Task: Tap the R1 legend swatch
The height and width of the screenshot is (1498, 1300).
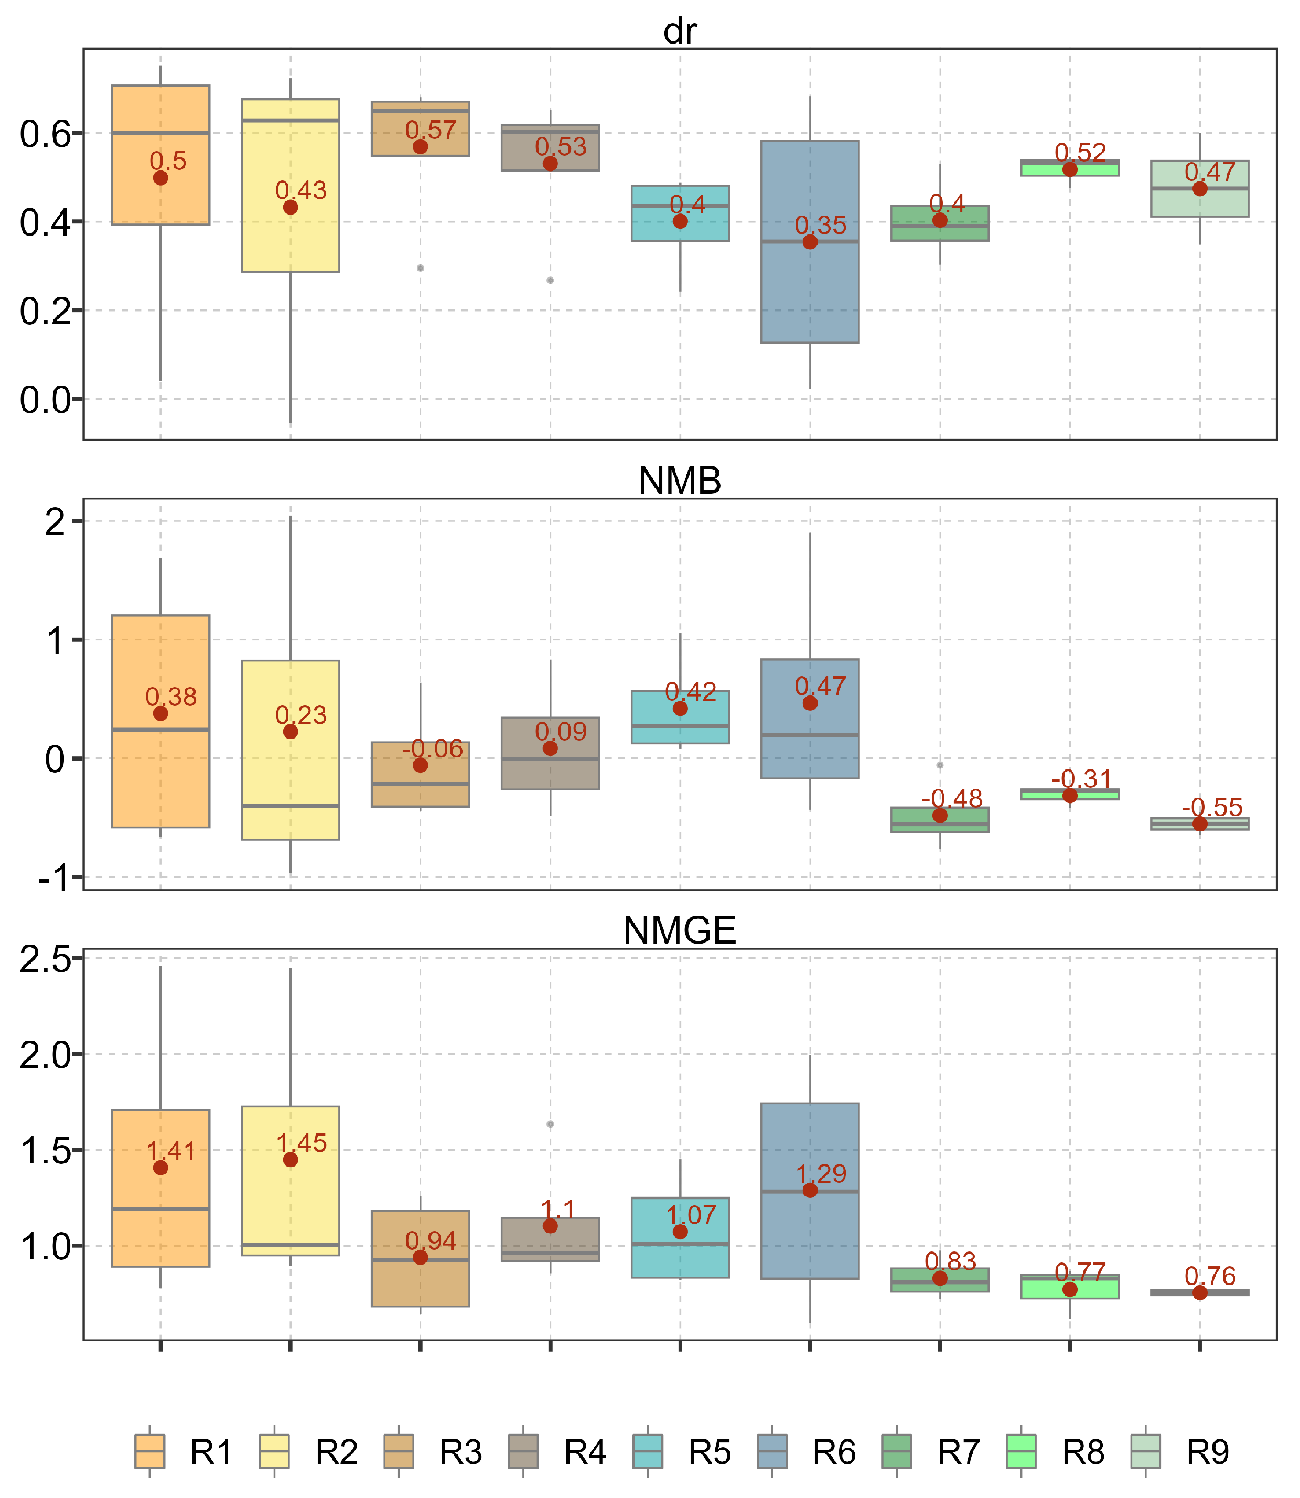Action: (149, 1451)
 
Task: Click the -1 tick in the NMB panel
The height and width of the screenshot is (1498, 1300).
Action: (55, 879)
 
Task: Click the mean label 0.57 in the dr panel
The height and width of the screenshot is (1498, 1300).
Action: (431, 131)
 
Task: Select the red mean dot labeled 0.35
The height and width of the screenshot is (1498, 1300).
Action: (810, 242)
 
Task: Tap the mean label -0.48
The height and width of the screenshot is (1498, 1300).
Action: (952, 799)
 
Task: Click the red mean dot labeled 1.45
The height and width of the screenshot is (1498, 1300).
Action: (290, 1160)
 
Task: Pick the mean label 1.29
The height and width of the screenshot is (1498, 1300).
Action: (821, 1174)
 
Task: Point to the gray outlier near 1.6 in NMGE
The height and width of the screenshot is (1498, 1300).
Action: (550, 1125)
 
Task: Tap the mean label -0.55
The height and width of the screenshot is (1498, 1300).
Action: (1211, 807)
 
